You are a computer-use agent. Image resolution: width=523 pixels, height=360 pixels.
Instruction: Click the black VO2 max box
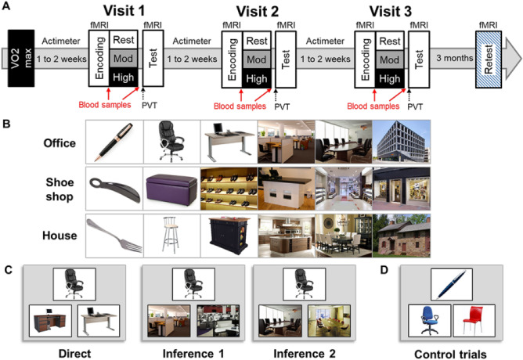point(21,59)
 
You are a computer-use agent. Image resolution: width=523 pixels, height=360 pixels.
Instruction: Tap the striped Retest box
point(489,59)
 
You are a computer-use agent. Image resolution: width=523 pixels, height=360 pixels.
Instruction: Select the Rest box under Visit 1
point(124,40)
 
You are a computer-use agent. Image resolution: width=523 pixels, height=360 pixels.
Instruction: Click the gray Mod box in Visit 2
point(257,59)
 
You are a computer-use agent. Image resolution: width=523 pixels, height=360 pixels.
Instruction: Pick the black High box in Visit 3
point(390,79)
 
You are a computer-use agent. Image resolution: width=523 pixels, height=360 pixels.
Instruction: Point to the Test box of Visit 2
point(286,59)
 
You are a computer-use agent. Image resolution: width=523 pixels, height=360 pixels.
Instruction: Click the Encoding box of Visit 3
point(365,59)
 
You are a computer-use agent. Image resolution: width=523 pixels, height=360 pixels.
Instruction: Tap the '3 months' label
point(455,58)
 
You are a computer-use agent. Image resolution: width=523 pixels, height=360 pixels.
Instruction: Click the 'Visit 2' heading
point(257,12)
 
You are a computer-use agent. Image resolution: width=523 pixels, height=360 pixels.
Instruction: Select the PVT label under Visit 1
point(149,106)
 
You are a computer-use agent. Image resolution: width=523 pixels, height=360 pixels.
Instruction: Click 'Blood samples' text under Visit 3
point(373,106)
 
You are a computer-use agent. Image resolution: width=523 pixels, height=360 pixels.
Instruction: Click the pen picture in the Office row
point(114,142)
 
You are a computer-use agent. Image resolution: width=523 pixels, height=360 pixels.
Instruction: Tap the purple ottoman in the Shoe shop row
point(171,189)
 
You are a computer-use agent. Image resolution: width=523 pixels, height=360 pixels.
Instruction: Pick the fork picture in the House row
point(114,236)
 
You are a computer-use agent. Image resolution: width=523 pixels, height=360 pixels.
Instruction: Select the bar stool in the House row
point(171,236)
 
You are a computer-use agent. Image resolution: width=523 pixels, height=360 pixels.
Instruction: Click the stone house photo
point(402,236)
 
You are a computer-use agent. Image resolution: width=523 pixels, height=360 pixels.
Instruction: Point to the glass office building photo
point(402,142)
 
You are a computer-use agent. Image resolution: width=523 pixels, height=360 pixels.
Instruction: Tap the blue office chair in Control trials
point(430,321)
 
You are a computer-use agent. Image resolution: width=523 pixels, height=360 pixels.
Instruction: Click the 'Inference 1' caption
point(193,353)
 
